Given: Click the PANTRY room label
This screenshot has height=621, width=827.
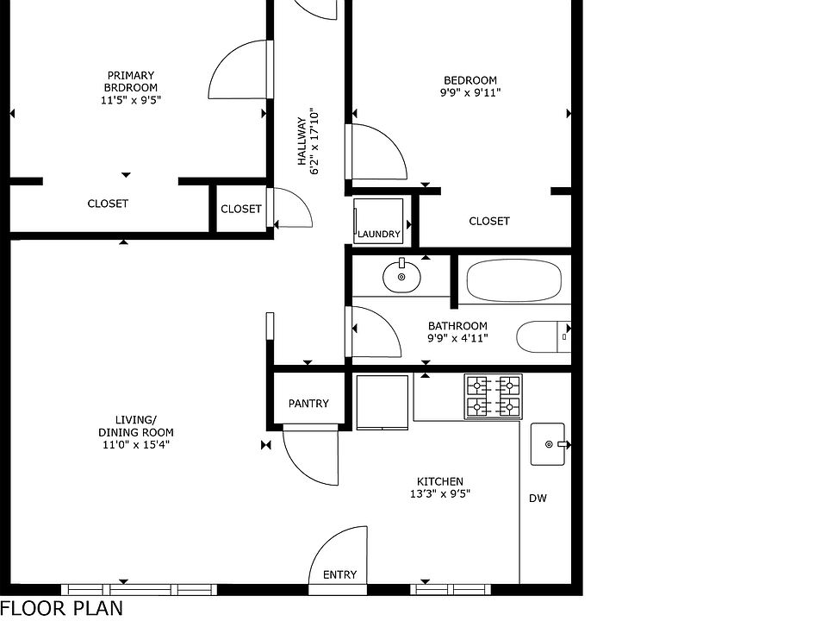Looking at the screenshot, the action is pyautogui.click(x=308, y=404).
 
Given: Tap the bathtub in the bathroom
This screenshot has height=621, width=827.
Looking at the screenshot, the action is pyautogui.click(x=513, y=279).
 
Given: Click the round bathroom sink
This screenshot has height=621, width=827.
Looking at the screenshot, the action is pyautogui.click(x=401, y=276).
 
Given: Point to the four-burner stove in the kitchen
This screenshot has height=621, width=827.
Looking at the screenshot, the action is pyautogui.click(x=493, y=397).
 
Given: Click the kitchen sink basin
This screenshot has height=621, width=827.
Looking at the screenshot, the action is pyautogui.click(x=548, y=444).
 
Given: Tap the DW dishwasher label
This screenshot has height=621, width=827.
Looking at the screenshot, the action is pyautogui.click(x=538, y=498).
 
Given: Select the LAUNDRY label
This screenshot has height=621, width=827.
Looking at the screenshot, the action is pyautogui.click(x=379, y=234).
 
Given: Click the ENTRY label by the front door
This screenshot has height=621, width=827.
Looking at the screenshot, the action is pyautogui.click(x=339, y=574).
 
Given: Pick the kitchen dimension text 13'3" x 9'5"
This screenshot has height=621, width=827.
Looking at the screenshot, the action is pyautogui.click(x=440, y=494).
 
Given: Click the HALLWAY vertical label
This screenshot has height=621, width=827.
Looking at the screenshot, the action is pyautogui.click(x=302, y=141).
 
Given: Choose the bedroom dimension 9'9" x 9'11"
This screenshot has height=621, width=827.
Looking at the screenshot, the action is pyautogui.click(x=470, y=93).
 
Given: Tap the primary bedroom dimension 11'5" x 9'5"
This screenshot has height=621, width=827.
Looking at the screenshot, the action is pyautogui.click(x=131, y=100).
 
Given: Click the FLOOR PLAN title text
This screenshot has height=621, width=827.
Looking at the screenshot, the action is pyautogui.click(x=62, y=608).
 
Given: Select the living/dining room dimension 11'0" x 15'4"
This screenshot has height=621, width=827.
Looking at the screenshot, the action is pyautogui.click(x=136, y=445).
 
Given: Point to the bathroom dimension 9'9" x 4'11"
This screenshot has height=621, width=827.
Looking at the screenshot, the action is pyautogui.click(x=457, y=338).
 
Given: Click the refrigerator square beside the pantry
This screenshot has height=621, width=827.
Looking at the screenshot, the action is pyautogui.click(x=382, y=402).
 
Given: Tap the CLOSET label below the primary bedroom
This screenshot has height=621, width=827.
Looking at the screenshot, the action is pyautogui.click(x=108, y=204).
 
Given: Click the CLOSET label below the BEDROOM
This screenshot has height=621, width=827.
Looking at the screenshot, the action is pyautogui.click(x=489, y=221).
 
